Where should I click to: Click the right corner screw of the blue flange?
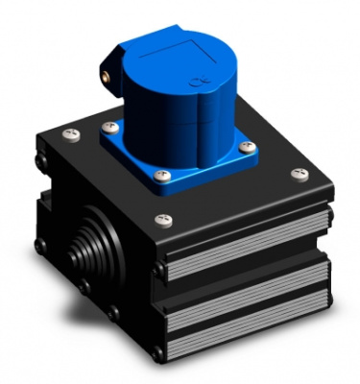pos(247,146)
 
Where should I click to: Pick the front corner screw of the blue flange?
pos(163,176)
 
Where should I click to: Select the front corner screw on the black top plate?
pos(159,219)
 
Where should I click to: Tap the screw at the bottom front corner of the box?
pos(157,354)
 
